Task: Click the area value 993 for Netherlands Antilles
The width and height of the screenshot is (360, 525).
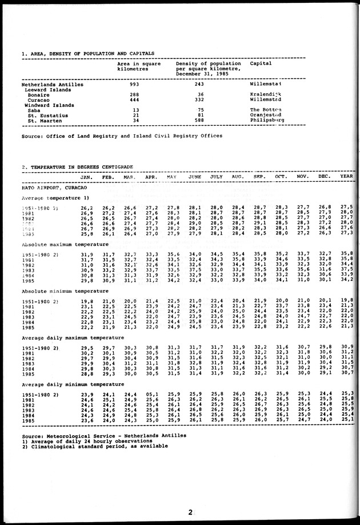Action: coord(135,84)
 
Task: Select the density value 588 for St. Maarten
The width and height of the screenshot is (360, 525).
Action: coord(196,121)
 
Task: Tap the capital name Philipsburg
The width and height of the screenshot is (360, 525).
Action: coord(267,121)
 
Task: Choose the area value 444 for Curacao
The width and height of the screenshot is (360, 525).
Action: coord(135,100)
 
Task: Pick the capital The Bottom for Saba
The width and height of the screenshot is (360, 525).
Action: coord(266,110)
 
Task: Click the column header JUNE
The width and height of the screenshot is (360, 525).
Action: coord(195,177)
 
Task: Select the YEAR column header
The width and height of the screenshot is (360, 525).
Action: coord(346,177)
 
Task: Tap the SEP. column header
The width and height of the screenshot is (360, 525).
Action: coord(259,177)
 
